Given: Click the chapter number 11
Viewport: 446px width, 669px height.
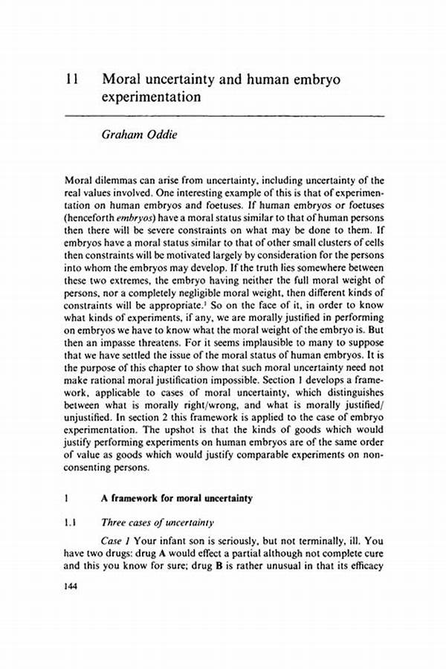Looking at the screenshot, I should pos(71,77).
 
